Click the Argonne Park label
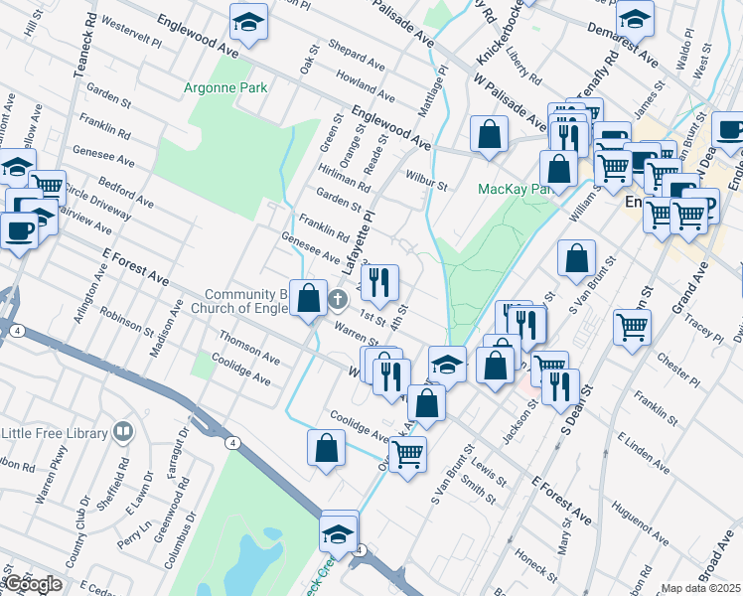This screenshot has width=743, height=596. (x=225, y=87)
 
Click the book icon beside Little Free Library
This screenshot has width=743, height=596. (x=123, y=432)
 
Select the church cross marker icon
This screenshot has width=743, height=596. (x=338, y=298)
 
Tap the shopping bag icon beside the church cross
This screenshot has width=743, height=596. (x=308, y=297)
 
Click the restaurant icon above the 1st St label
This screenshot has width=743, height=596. (x=378, y=282)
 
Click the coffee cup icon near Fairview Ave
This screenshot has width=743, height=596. (x=19, y=229)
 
